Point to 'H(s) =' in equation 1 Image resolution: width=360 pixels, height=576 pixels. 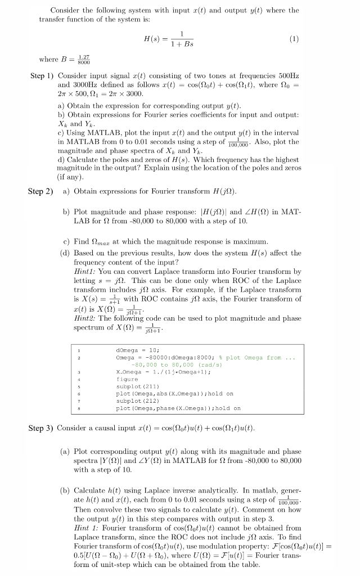point(154,40)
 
